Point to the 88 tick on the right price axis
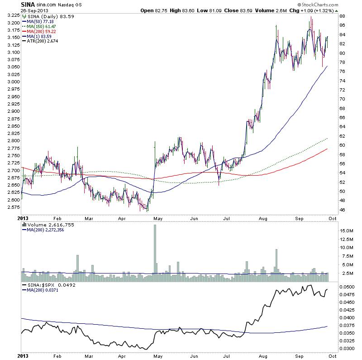[x=343, y=16]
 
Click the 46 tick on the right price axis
[x=343, y=210]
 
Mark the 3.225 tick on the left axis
[x=14, y=16]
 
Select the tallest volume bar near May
[x=155, y=249]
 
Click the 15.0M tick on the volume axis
[x=347, y=230]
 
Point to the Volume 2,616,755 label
[x=48, y=224]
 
